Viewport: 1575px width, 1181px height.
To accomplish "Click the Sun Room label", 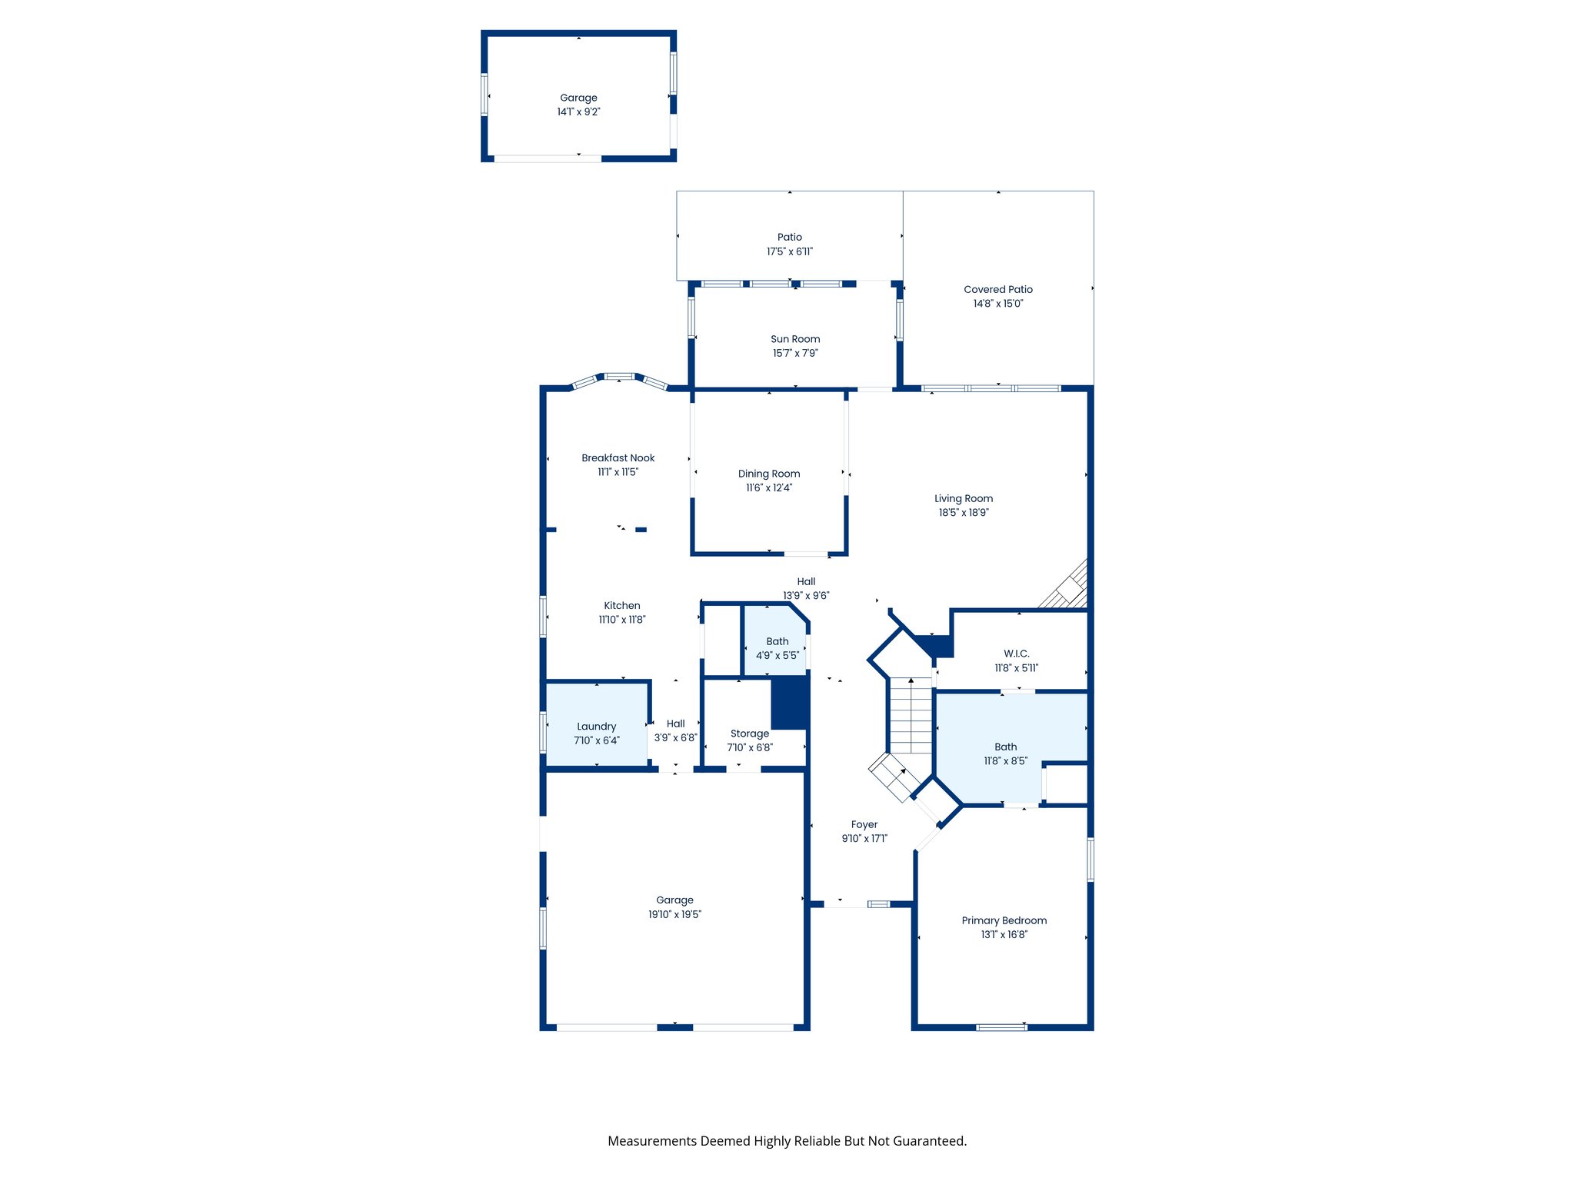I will click(795, 339).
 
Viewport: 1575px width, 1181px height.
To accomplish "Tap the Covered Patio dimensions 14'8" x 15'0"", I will click(997, 304).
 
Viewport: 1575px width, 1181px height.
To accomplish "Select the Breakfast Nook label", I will click(618, 458).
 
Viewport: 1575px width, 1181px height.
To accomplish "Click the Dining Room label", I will click(769, 474).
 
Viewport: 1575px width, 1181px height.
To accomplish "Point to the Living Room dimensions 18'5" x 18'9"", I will click(963, 513).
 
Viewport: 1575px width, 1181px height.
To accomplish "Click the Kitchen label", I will click(621, 606).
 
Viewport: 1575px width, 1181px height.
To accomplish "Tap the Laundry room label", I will click(596, 727).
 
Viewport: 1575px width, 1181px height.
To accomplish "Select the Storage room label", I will click(749, 734).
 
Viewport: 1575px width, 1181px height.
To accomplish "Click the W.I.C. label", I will click(1016, 654).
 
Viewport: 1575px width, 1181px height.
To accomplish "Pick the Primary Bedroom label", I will click(1004, 921).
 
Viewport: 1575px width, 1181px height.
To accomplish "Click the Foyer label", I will click(864, 825).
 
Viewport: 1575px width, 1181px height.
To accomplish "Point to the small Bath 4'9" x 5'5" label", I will click(777, 642).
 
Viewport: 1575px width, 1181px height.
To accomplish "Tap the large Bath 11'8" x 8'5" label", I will click(1005, 747).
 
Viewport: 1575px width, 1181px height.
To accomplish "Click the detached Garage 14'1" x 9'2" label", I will click(578, 98).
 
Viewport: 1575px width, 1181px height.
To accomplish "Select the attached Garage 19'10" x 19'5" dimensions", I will click(674, 915).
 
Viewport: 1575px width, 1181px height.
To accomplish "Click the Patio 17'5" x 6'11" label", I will click(789, 238).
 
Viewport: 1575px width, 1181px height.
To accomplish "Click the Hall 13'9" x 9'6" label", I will click(806, 582).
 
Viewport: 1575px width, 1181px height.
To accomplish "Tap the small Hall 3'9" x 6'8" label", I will click(675, 724).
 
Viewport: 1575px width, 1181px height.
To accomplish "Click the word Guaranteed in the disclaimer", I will click(931, 1141).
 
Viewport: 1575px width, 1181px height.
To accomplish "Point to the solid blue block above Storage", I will click(789, 703).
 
